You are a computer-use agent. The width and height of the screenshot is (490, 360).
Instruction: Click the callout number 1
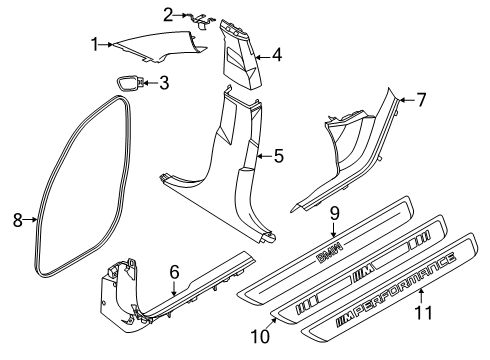[95, 43]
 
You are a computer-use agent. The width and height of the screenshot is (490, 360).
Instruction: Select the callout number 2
[169, 13]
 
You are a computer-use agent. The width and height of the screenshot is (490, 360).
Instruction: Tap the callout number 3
[163, 82]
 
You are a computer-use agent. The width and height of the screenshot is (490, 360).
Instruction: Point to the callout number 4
[277, 57]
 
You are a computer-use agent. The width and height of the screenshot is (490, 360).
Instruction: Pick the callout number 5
[279, 155]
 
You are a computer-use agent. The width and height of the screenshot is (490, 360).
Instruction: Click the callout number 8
[17, 220]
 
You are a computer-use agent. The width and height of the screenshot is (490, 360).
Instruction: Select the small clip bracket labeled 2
[199, 17]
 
